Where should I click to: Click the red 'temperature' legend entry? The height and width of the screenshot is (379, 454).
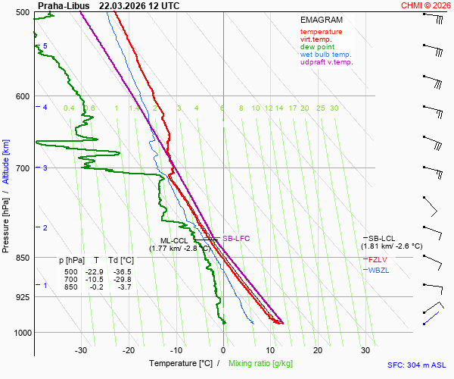point(321,32)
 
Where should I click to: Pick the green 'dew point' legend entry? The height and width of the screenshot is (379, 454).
point(318,47)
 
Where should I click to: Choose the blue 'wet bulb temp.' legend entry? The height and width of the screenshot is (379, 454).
point(325,55)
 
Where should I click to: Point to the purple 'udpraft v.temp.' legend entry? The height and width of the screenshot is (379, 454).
point(326,62)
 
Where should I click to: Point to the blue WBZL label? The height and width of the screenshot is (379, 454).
point(378,271)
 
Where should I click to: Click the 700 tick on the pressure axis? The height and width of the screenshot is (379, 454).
point(23,168)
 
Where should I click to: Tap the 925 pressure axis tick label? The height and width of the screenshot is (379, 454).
point(23,297)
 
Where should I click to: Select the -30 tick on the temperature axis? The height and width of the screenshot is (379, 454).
point(81,350)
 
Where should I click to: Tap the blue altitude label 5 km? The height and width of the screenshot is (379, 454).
point(45,46)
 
